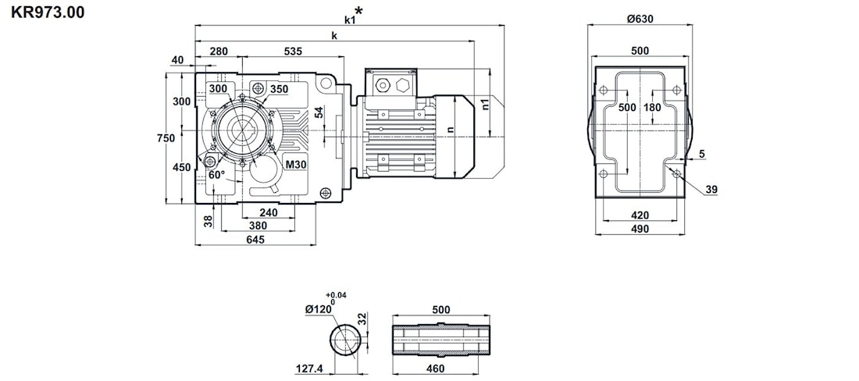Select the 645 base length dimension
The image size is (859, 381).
pos(255,240)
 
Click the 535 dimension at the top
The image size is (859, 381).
pos(293,52)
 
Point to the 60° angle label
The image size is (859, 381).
pos(216,175)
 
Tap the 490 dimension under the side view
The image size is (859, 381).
pos(640,229)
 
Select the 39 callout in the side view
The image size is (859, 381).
pos(711,190)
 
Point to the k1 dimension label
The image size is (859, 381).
pos(351,19)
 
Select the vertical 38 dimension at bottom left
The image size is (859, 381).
pos(209,221)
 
